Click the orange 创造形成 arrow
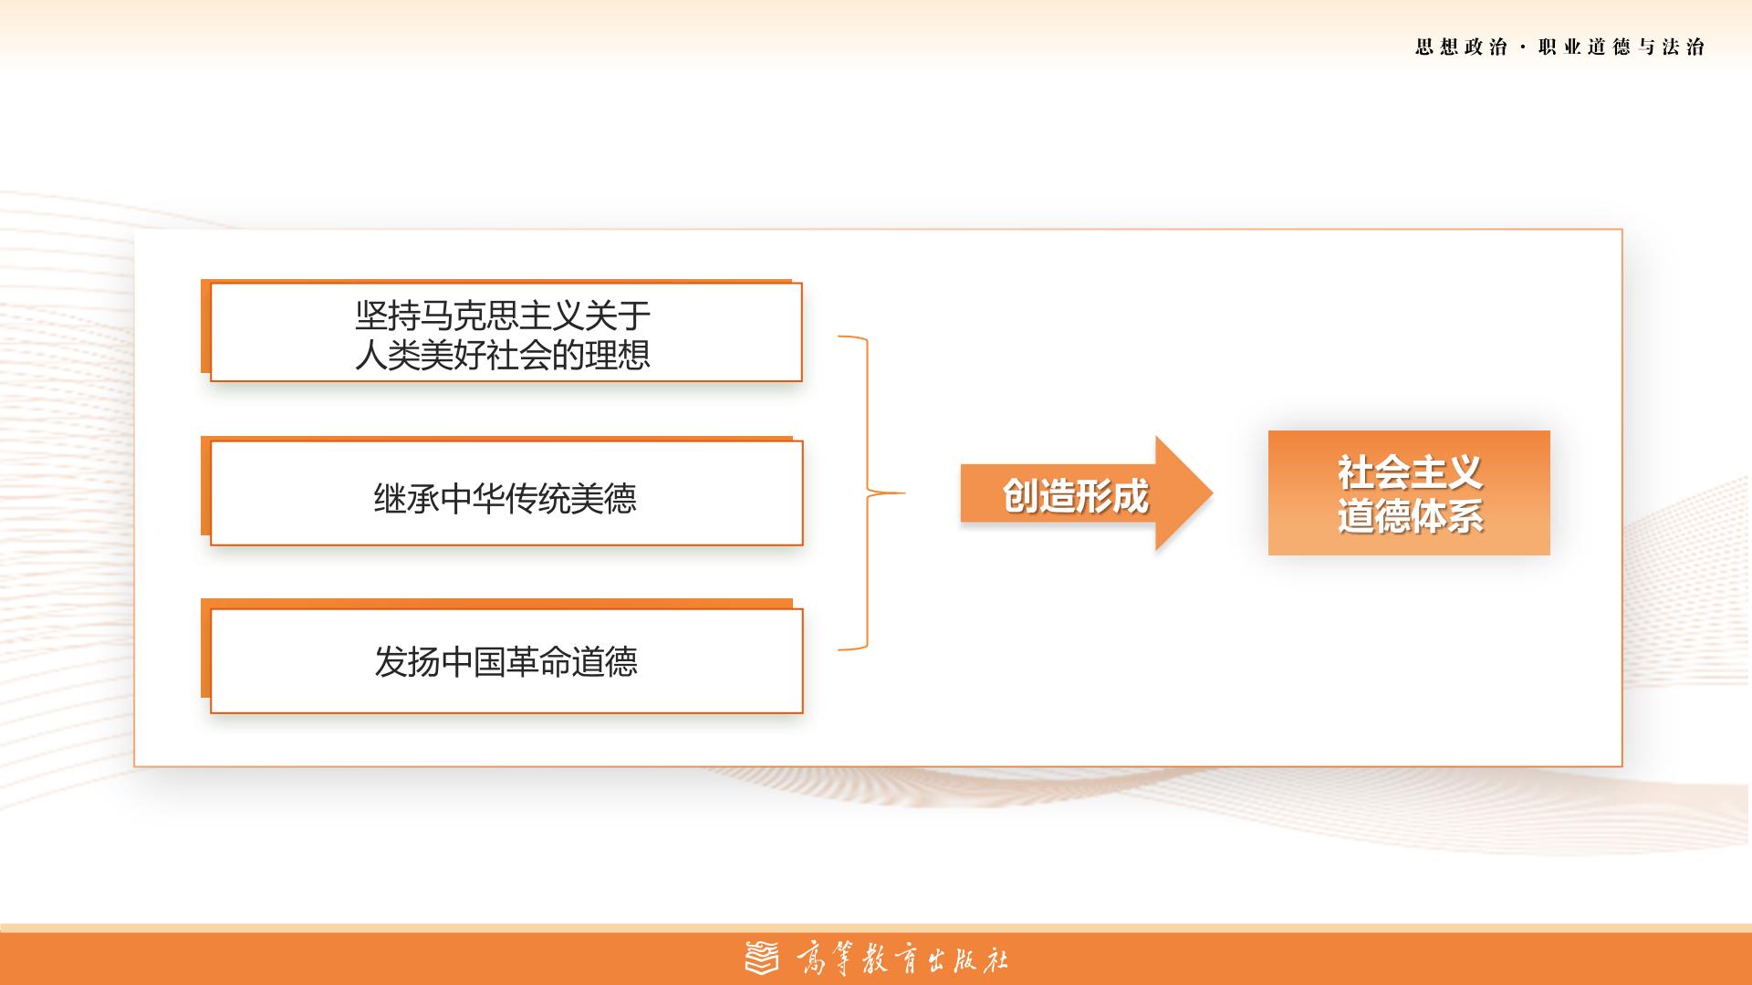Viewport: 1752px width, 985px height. click(1086, 493)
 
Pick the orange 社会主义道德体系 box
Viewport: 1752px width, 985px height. click(1409, 493)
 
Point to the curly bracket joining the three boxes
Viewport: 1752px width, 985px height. click(867, 493)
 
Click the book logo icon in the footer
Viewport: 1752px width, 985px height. click(763, 958)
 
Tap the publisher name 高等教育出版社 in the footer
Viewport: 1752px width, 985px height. click(902, 959)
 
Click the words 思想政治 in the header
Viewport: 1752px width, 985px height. click(1461, 47)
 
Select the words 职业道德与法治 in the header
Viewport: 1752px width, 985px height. click(1622, 47)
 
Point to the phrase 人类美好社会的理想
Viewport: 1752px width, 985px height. click(503, 355)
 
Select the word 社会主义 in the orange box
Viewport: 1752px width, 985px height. click(1410, 472)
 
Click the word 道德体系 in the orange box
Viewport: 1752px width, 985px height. click(1410, 516)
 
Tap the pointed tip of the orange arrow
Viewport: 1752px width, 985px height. click(1213, 493)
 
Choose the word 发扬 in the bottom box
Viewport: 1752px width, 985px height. click(407, 662)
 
